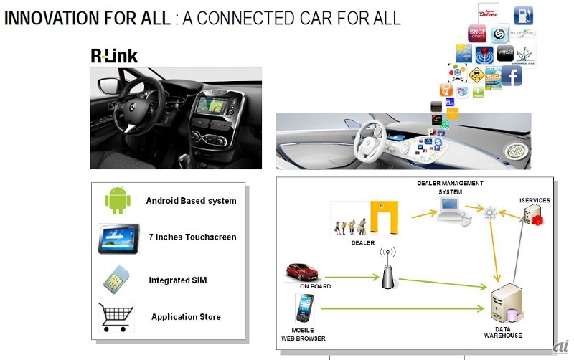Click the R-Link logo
[x=113, y=55]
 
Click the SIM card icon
[x=114, y=278]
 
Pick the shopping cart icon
[x=116, y=316]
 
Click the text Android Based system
[x=191, y=201]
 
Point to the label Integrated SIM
[x=178, y=280]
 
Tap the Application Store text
[x=186, y=316]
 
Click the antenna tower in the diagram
[x=388, y=269]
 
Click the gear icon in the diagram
[x=491, y=212]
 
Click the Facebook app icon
[x=511, y=75]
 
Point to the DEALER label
[x=362, y=242]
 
